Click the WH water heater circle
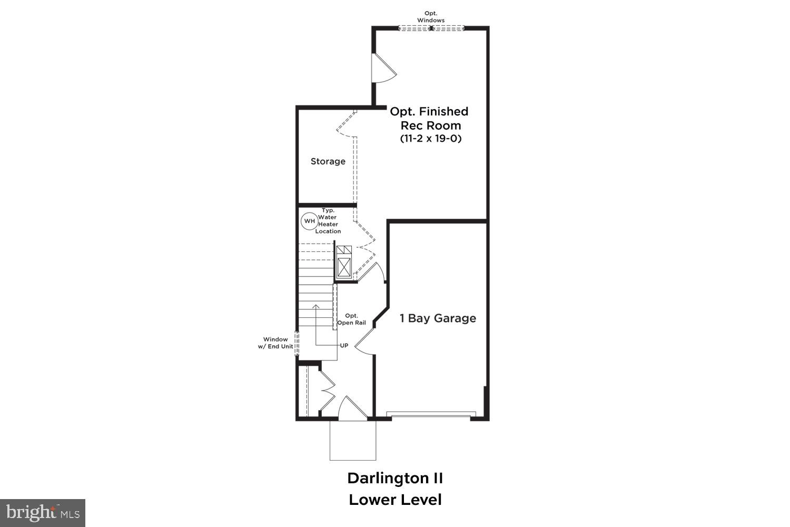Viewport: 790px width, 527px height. point(309,221)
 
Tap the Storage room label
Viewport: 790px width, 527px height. point(328,161)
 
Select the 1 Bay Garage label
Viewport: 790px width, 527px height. point(438,318)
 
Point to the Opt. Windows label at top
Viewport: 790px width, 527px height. point(431,17)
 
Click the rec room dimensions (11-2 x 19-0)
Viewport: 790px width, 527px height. point(430,139)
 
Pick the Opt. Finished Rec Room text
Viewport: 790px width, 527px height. point(429,119)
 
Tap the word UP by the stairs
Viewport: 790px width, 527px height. point(344,346)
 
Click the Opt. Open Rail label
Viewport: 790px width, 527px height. point(351,319)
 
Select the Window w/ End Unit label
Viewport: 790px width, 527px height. point(275,343)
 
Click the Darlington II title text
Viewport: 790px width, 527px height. point(395,479)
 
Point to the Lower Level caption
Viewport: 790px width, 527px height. point(395,500)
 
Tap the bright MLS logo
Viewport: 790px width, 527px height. point(42,513)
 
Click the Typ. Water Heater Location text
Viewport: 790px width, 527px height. point(328,221)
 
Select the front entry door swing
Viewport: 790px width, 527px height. point(351,409)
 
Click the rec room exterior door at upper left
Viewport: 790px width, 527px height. point(383,68)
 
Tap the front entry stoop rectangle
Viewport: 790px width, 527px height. point(353,440)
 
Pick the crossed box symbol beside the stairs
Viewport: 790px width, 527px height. point(344,267)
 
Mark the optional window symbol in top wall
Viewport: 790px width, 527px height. point(431,28)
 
